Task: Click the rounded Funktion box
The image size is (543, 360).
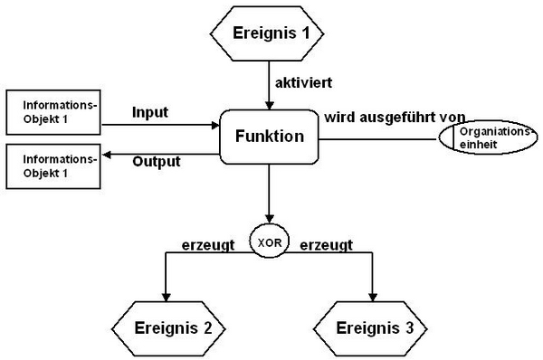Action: point(269,138)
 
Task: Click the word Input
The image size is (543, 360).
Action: point(151,112)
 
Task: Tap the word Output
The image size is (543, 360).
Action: point(156,162)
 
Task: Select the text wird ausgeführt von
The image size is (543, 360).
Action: point(395,117)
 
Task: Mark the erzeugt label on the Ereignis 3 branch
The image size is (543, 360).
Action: point(326,243)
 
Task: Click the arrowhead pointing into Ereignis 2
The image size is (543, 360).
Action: point(166,295)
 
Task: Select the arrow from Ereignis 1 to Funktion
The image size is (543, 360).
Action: point(270,86)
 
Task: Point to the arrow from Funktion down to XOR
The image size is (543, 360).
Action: point(270,194)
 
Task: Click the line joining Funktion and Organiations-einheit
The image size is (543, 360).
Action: point(380,138)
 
